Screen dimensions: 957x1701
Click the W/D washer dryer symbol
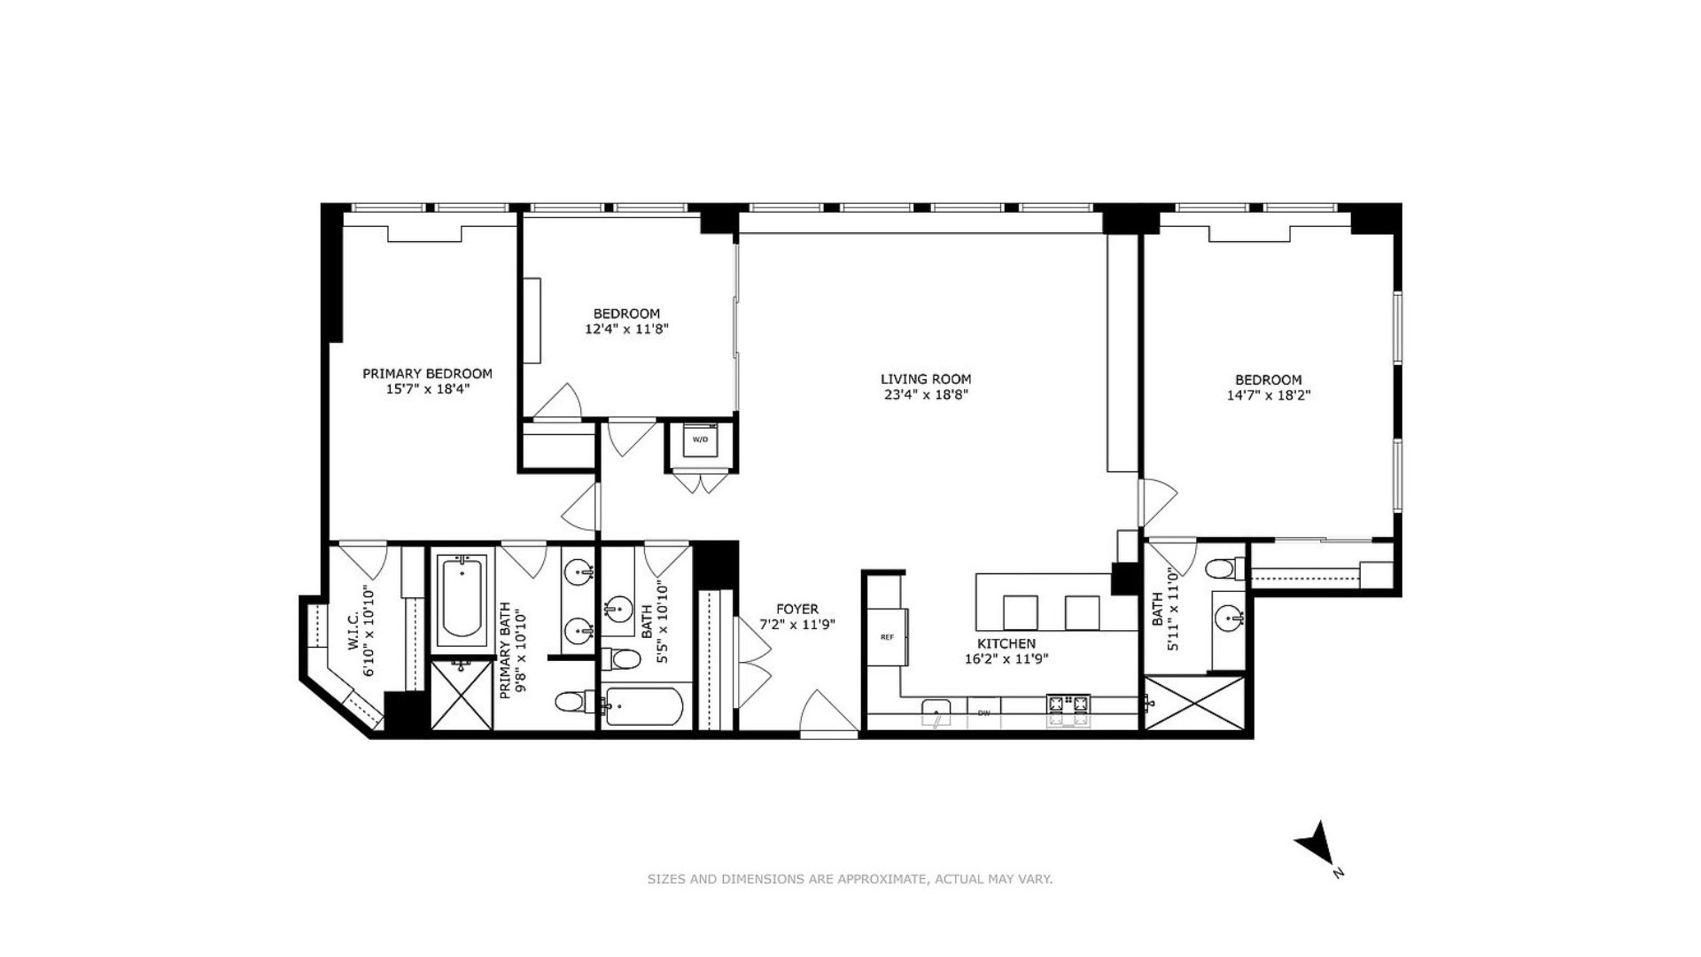click(700, 440)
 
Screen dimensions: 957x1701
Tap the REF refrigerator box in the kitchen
click(887, 636)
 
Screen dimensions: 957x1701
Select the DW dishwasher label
click(983, 712)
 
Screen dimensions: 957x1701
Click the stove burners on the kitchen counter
click(1068, 705)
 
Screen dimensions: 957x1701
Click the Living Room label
click(925, 379)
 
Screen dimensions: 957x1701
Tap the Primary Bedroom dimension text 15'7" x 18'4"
click(427, 389)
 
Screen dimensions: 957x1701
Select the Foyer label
click(797, 609)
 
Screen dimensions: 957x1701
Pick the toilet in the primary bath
click(574, 703)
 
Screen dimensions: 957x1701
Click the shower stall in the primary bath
click(461, 695)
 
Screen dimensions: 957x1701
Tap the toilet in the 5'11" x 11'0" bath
click(1225, 567)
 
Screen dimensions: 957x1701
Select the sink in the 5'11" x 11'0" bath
click(1228, 618)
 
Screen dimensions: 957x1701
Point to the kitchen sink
click(936, 712)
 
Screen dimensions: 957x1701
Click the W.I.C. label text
click(353, 631)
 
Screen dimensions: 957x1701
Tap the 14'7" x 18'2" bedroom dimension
click(1268, 396)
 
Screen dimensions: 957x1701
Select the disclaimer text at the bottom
click(850, 879)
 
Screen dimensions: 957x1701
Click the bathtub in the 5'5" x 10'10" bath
click(643, 707)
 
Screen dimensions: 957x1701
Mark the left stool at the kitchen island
click(1020, 612)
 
